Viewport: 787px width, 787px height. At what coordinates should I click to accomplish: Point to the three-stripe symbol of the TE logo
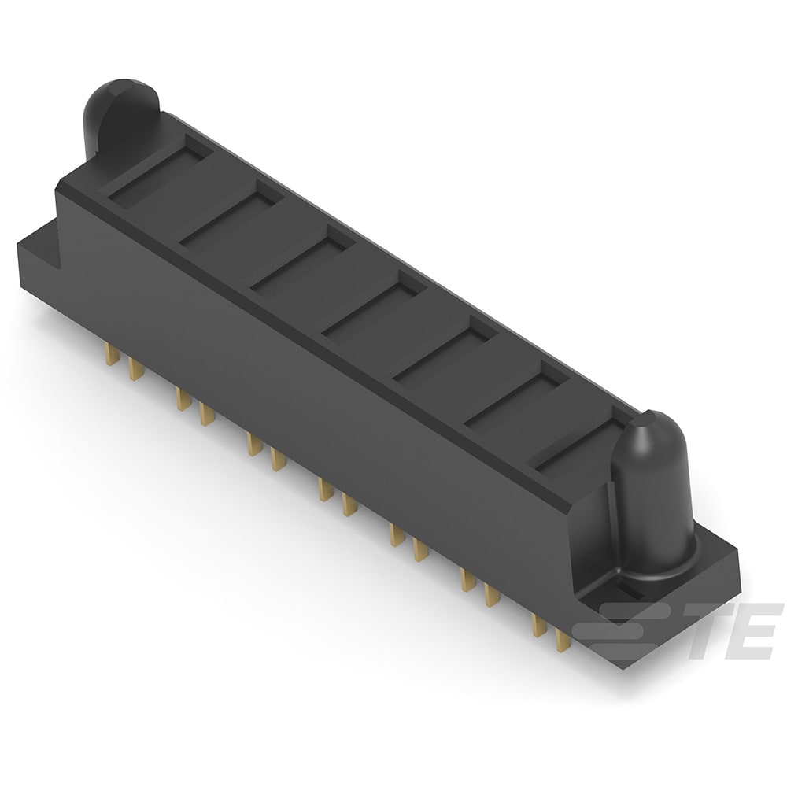coord(622,630)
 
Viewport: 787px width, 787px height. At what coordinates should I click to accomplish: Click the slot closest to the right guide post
coord(578,445)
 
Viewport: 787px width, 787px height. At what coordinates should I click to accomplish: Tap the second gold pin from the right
coord(539,626)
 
